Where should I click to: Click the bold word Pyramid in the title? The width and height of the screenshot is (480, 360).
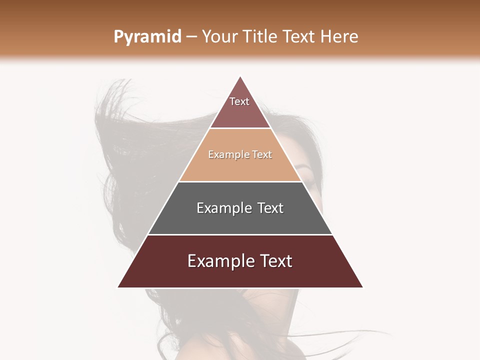coord(147,37)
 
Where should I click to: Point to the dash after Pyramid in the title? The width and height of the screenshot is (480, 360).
coord(191,37)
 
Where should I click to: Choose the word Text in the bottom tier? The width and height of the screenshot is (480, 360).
coord(275,261)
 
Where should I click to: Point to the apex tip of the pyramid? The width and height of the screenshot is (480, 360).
coord(240,77)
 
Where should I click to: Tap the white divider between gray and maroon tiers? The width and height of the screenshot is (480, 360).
coord(240,234)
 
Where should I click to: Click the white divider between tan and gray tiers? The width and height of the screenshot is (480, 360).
coord(240,181)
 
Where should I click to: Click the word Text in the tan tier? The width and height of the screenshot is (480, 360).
coord(262,155)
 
